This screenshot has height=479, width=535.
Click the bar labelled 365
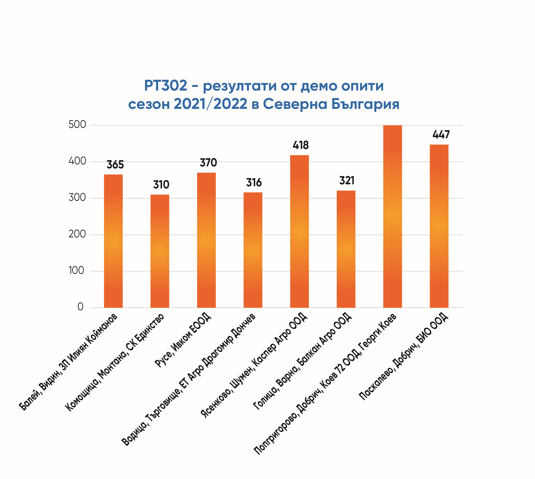[x=113, y=241]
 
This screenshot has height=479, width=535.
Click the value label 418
[x=301, y=145]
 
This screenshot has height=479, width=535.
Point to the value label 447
[x=441, y=135]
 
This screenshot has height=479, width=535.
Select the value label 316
[x=254, y=183]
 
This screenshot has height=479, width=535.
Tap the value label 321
[x=347, y=181]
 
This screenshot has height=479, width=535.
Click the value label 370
[x=208, y=163]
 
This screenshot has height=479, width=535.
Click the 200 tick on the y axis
[x=77, y=234]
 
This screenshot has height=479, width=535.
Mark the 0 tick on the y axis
[x=80, y=307]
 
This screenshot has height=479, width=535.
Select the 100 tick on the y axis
[x=76, y=271]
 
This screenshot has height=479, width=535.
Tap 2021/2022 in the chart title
[x=211, y=104]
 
